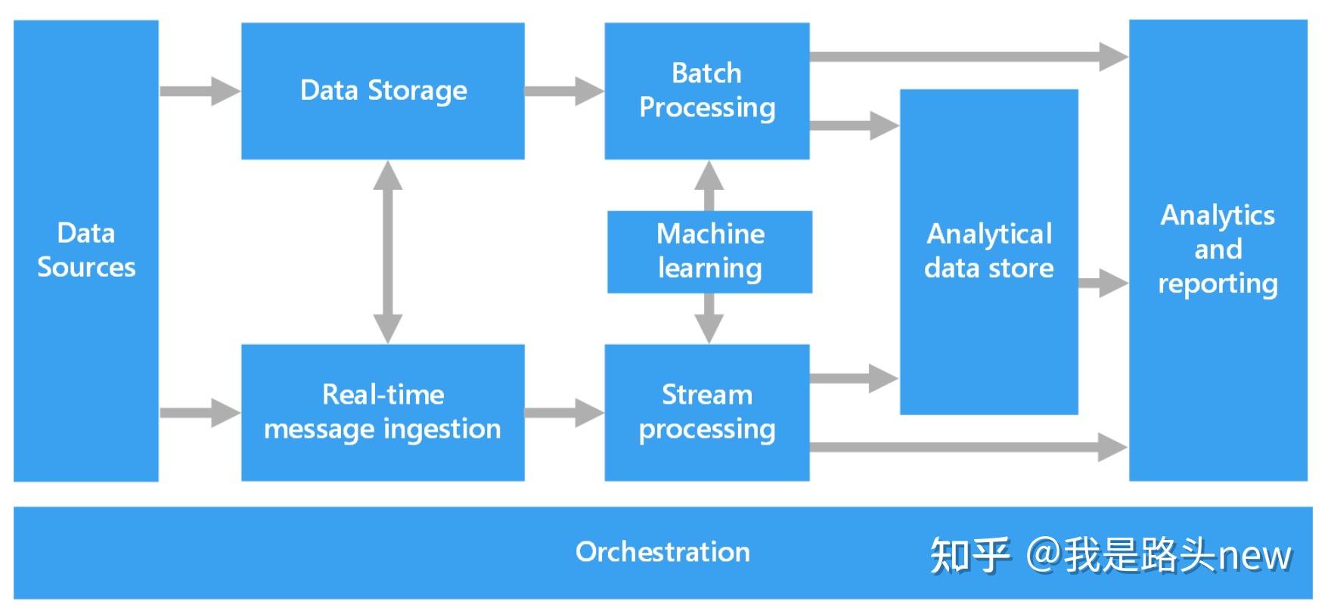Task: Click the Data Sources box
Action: (x=85, y=250)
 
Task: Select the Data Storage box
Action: (x=383, y=91)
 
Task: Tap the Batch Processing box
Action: (x=706, y=91)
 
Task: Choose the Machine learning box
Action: (x=709, y=251)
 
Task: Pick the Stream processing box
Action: (x=706, y=412)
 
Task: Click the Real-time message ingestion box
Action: (x=383, y=412)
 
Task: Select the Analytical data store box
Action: (x=988, y=251)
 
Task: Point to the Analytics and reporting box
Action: (x=1218, y=250)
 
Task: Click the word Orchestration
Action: (x=662, y=552)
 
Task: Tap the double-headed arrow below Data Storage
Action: (x=388, y=252)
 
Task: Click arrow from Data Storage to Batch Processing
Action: (x=564, y=91)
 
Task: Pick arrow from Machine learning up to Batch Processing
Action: (x=709, y=185)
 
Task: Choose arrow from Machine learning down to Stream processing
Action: (x=709, y=318)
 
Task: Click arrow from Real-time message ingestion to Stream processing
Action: (x=564, y=413)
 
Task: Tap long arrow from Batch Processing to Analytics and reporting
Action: (x=968, y=56)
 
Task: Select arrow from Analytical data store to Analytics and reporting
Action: (x=1103, y=284)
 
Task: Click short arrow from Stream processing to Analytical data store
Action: (x=853, y=378)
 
